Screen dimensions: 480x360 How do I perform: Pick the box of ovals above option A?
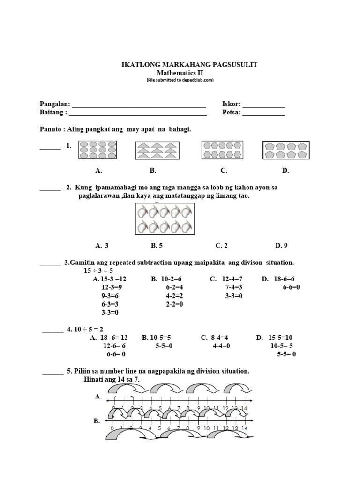(97, 150)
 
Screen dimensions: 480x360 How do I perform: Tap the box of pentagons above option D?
(283, 150)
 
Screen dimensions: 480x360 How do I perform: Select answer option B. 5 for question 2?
(157, 245)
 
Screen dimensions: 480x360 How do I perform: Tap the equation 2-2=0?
(174, 304)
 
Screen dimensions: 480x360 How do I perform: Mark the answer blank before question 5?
(53, 373)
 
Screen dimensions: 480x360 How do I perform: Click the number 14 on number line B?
(244, 428)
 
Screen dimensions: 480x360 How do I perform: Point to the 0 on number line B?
(112, 428)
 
